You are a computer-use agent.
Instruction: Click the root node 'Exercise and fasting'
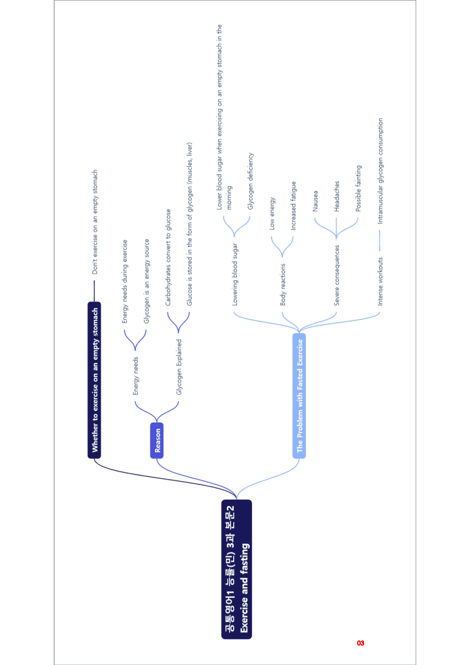[237, 569]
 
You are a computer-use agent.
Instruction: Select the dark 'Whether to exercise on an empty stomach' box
[94, 380]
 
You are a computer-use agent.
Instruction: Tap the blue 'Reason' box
[157, 440]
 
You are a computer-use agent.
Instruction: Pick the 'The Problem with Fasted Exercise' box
[299, 395]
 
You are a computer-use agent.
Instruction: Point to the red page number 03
[360, 643]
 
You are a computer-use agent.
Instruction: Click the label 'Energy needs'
[136, 376]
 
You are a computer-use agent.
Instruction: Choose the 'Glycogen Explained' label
[179, 367]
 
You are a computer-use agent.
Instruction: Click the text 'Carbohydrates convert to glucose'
[168, 257]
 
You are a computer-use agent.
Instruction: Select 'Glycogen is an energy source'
[147, 281]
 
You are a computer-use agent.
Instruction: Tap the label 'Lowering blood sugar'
[235, 274]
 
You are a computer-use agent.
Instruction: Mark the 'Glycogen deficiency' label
[251, 181]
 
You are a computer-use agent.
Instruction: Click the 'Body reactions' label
[283, 284]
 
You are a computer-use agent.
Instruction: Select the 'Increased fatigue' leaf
[293, 206]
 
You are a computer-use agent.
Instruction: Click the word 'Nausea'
[315, 201]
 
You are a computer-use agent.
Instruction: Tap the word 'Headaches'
[337, 196]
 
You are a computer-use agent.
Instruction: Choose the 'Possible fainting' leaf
[358, 188]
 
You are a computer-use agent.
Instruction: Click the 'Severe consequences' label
[337, 275]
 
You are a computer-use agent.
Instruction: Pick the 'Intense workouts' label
[380, 281]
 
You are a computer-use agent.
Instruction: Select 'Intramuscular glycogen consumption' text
[380, 171]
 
